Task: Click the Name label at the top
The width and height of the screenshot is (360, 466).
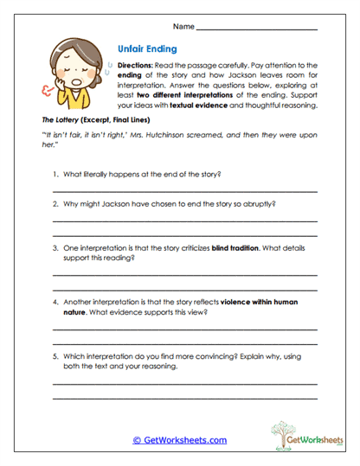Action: coord(184,28)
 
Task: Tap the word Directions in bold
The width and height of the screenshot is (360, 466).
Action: coord(135,67)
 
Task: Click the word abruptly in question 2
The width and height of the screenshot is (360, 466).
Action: coord(259,206)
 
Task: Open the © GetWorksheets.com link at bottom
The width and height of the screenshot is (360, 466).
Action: coord(179,440)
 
